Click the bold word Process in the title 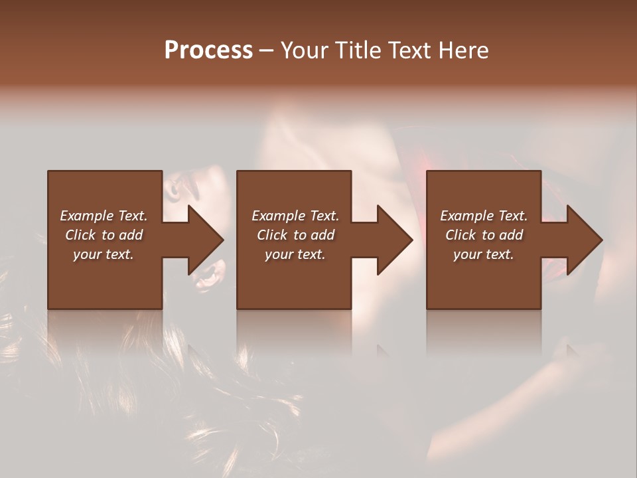(x=208, y=50)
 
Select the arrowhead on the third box (x=584, y=240)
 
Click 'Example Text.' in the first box (x=104, y=216)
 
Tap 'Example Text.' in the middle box (x=295, y=216)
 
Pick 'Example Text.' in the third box (x=484, y=216)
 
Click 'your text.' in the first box (x=104, y=254)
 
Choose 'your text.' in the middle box (x=295, y=254)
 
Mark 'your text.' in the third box (x=484, y=254)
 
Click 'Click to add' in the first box (x=104, y=235)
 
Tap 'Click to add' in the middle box (x=295, y=235)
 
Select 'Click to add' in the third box (x=484, y=235)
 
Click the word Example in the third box (x=467, y=216)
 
